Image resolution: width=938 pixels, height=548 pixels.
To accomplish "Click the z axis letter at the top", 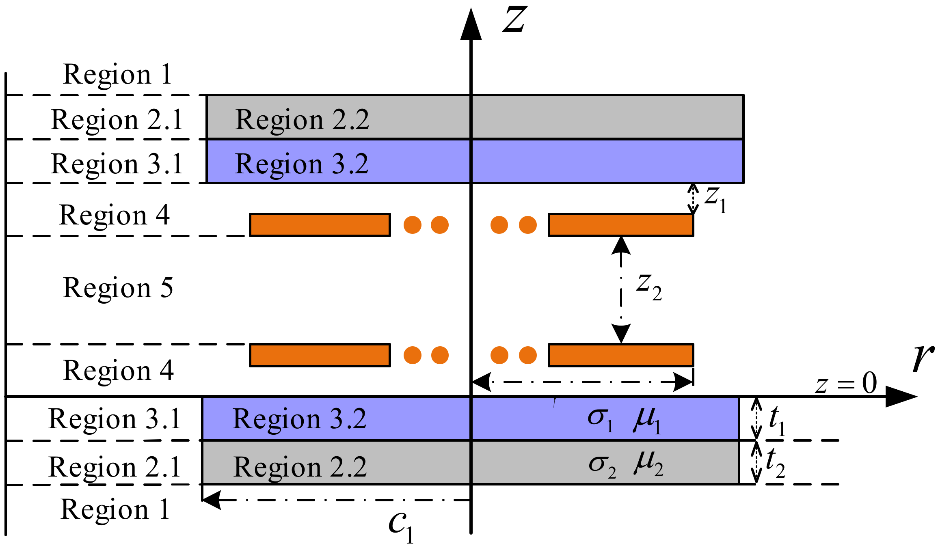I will pyautogui.click(x=514, y=20).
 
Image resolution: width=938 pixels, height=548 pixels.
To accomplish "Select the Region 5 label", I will pyautogui.click(x=118, y=288).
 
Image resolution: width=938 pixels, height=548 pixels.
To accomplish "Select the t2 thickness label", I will pyautogui.click(x=775, y=463).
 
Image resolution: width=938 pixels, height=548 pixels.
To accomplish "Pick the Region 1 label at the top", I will pyautogui.click(x=117, y=75).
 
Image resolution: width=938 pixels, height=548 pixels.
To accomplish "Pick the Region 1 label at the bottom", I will pyautogui.click(x=115, y=509).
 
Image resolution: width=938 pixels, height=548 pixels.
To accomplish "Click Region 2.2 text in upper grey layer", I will pyautogui.click(x=302, y=120).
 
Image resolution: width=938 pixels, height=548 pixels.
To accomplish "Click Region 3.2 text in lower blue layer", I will pyautogui.click(x=299, y=419).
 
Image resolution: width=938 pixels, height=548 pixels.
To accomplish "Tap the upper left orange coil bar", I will pyautogui.click(x=320, y=225).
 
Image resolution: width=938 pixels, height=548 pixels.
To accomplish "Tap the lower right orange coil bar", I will pyautogui.click(x=620, y=355).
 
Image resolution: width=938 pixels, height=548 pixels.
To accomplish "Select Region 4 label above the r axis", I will pyautogui.click(x=118, y=371).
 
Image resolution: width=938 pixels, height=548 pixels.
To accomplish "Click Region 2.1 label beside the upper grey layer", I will pyautogui.click(x=117, y=120).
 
